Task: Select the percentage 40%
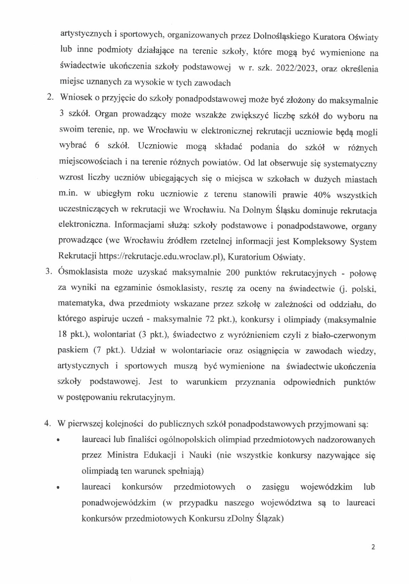322,195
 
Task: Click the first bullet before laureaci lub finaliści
58,440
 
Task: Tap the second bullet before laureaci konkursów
58,487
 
